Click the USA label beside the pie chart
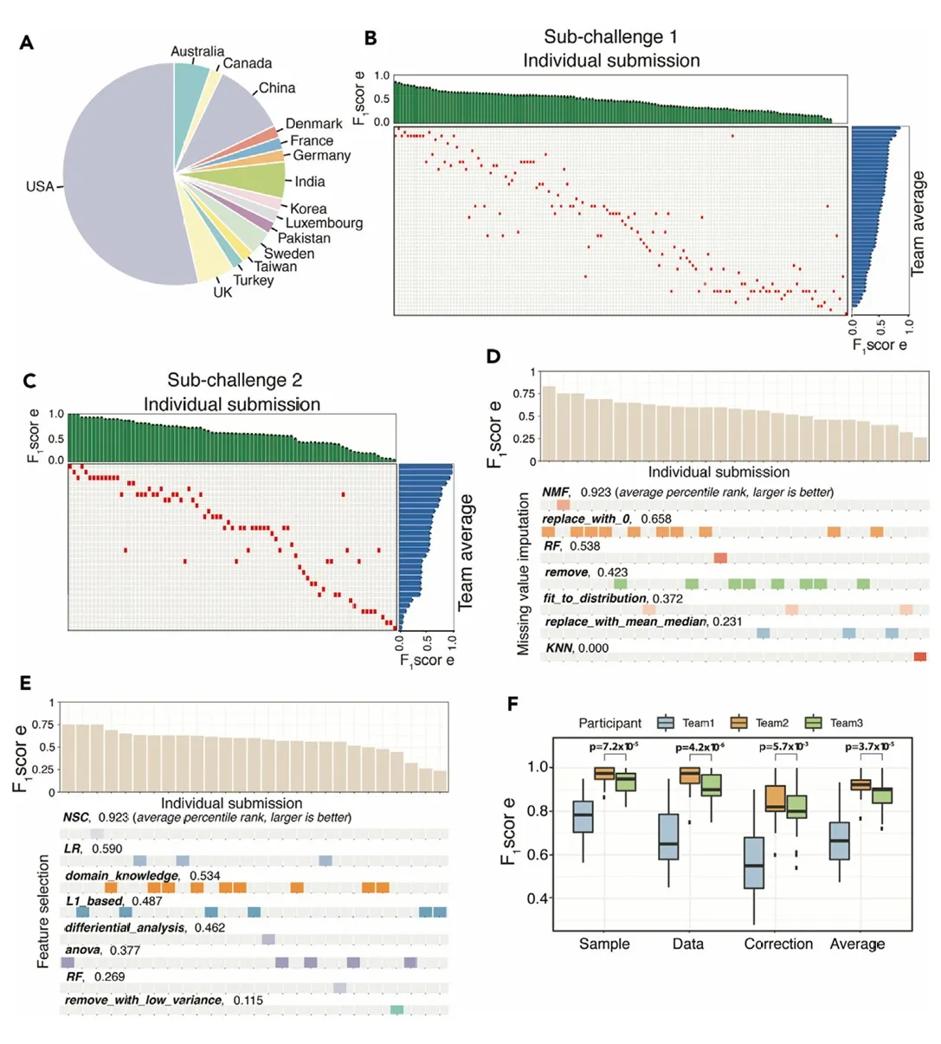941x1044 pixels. tap(40, 186)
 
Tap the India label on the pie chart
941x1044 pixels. tap(309, 182)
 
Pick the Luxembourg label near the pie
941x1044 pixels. tap(324, 223)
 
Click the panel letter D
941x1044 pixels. tap(494, 357)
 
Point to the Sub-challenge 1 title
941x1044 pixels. tap(610, 36)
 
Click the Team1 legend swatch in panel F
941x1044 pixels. tap(666, 723)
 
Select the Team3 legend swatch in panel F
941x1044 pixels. tap(813, 723)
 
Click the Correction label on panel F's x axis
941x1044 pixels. tap(778, 944)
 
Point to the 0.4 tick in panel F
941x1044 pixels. tap(539, 899)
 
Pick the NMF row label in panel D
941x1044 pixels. tap(555, 492)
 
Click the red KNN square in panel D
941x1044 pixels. tap(919, 657)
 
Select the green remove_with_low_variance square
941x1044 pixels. tap(396, 1009)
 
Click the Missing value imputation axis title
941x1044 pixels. tap(523, 574)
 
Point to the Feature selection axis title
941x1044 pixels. tap(43, 912)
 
